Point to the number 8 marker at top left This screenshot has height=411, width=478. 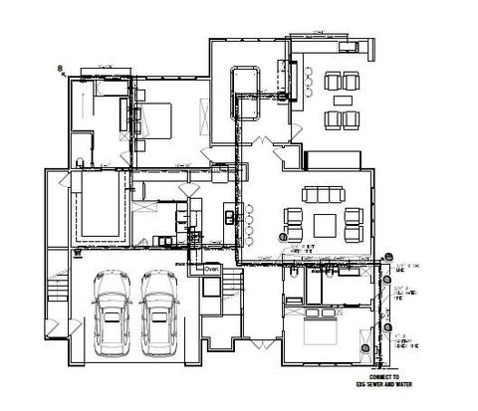click(x=60, y=68)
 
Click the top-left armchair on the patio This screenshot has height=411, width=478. click(x=332, y=80)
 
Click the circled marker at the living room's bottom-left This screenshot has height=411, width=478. click(x=283, y=238)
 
